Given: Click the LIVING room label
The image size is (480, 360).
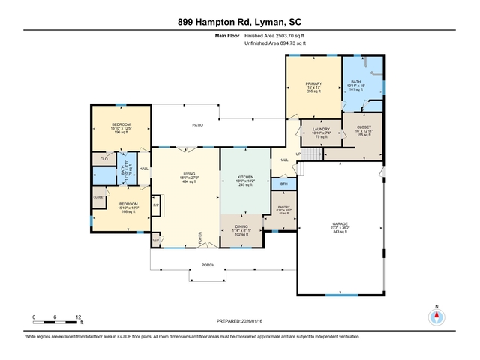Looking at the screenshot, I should pos(189,174).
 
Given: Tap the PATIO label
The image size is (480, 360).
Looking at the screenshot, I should pos(198,125).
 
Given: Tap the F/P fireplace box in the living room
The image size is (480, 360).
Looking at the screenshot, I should pos(156,205).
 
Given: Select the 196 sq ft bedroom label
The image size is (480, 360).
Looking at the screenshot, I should pos(121,124).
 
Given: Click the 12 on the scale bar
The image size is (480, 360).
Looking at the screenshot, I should pos(79,317).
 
